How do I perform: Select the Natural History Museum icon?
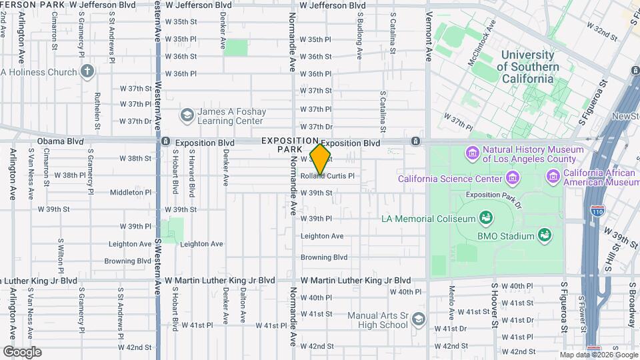[473, 155]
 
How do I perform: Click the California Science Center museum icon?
[512, 178]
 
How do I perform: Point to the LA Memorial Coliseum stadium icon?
[486, 218]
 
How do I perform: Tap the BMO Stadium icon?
[545, 235]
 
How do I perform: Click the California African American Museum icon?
[553, 177]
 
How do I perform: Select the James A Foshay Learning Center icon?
[187, 116]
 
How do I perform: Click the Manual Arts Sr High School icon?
[418, 319]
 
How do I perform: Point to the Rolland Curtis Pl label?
[327, 177]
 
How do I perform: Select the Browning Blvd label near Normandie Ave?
[324, 257]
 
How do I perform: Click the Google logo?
[22, 351]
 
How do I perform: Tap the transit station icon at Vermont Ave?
[415, 141]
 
